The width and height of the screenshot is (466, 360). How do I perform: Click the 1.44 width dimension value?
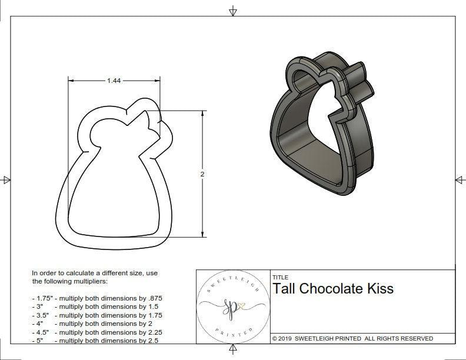[x=114, y=81]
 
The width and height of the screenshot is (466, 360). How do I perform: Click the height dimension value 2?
[x=202, y=174]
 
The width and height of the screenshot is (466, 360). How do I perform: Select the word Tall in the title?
[x=284, y=289]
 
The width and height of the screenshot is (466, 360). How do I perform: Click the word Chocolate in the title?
[x=329, y=289]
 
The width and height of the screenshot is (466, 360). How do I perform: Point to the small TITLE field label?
[x=280, y=278]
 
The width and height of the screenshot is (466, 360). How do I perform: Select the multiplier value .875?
[x=154, y=298]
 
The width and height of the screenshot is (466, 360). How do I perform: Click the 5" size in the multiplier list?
[x=39, y=341]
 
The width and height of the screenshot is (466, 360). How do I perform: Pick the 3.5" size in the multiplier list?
[x=41, y=315]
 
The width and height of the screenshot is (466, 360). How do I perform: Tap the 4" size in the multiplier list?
[x=39, y=324]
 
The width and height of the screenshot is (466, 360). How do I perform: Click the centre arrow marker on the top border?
[x=233, y=11]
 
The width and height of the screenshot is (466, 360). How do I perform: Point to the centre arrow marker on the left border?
[x=6, y=180]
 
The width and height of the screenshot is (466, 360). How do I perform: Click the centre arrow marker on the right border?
[x=460, y=180]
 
